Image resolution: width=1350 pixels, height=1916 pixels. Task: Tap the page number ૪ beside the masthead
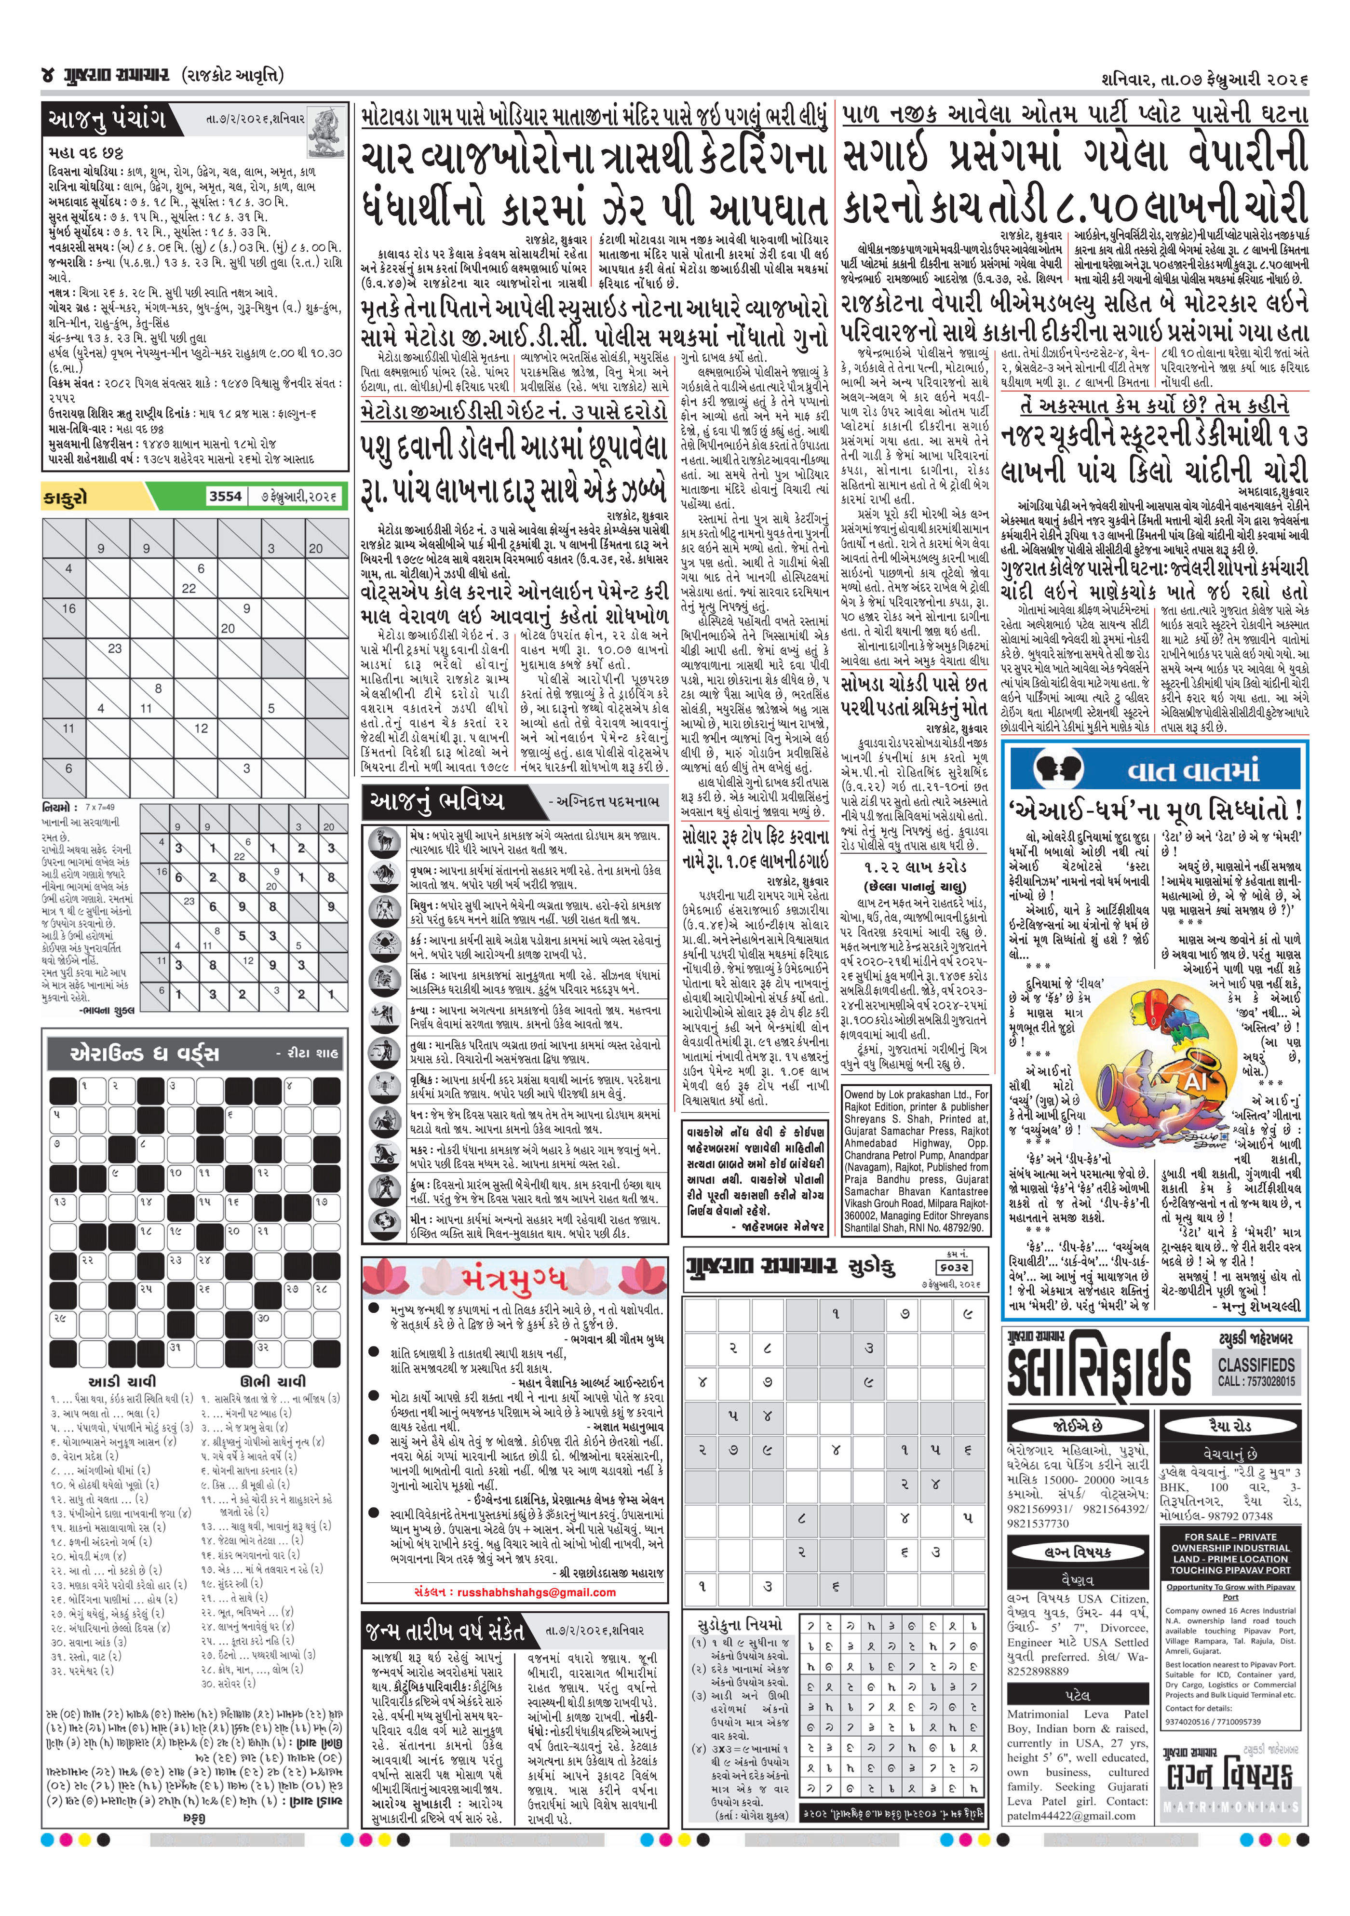point(48,76)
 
